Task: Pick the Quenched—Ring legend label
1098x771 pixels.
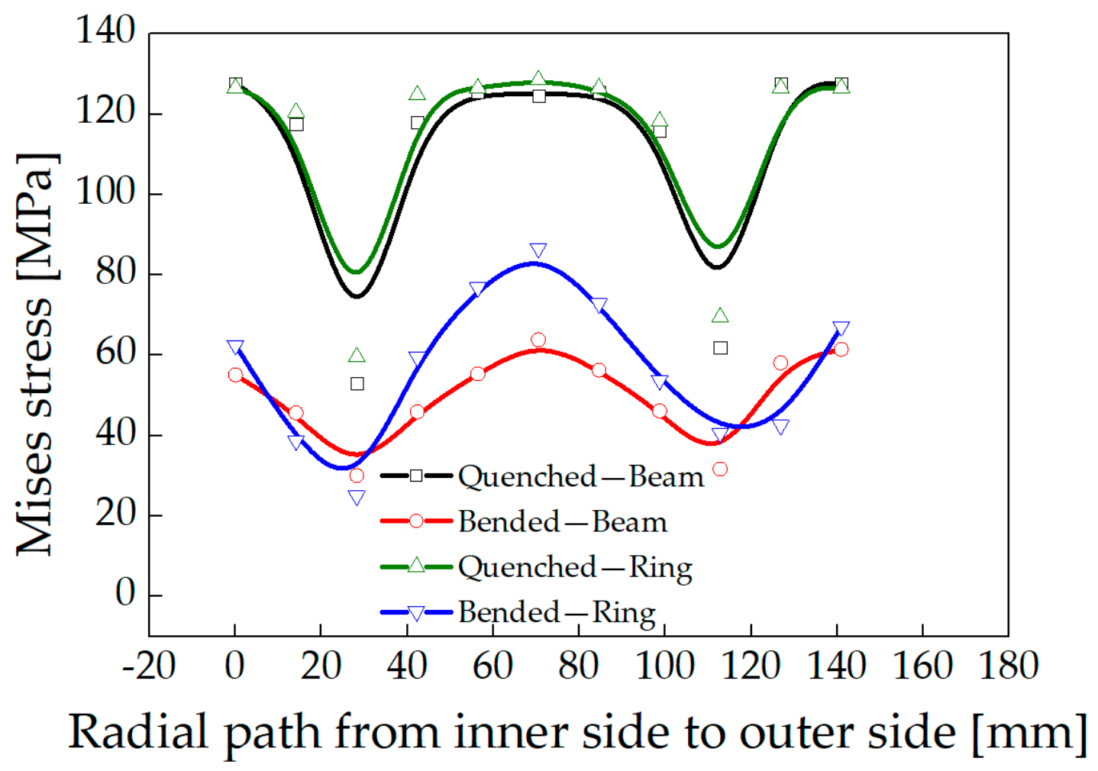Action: [575, 568]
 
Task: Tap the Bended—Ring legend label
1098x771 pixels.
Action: [557, 613]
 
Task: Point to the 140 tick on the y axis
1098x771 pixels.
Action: [105, 31]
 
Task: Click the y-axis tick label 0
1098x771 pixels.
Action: [125, 592]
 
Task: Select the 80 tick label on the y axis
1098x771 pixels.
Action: [115, 272]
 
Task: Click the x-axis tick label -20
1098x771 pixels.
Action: [149, 666]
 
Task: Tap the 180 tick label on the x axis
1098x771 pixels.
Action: [1009, 666]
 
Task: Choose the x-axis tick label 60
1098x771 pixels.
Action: [492, 666]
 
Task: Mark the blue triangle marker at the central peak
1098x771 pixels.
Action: [538, 250]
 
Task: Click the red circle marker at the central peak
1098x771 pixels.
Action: [538, 340]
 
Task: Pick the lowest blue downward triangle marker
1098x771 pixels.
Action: [357, 498]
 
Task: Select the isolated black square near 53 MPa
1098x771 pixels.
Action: [357, 384]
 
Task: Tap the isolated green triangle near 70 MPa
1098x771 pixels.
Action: [720, 315]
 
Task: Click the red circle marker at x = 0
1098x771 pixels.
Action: [235, 375]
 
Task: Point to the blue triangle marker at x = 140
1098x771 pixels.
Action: [841, 328]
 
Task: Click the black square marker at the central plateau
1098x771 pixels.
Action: [539, 96]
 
